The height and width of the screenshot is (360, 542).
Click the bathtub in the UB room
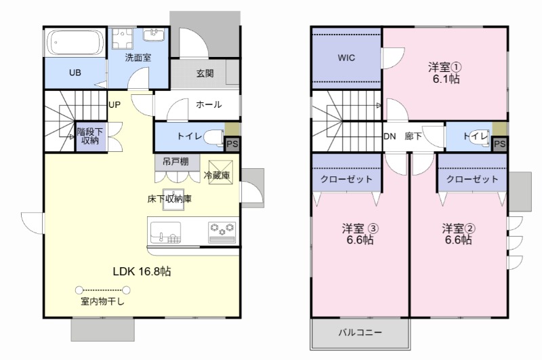pyautogui.click(x=75, y=45)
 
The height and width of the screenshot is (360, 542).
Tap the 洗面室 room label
pyautogui.click(x=138, y=58)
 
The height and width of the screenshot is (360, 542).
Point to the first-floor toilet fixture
pyautogui.click(x=213, y=136)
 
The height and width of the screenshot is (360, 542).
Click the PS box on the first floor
pyautogui.click(x=232, y=144)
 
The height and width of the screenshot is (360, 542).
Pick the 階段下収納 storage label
pyautogui.click(x=89, y=136)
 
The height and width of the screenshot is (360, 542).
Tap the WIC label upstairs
pyautogui.click(x=347, y=58)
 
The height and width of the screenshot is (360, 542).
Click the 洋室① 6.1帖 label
pyautogui.click(x=444, y=73)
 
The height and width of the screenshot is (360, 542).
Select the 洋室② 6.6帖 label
pyautogui.click(x=458, y=234)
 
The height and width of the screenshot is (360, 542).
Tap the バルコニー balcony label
pyautogui.click(x=360, y=333)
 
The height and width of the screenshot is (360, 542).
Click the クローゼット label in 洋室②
pyautogui.click(x=472, y=179)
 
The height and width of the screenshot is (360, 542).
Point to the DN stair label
pyautogui.click(x=390, y=136)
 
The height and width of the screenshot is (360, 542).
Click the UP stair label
pyautogui.click(x=114, y=105)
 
